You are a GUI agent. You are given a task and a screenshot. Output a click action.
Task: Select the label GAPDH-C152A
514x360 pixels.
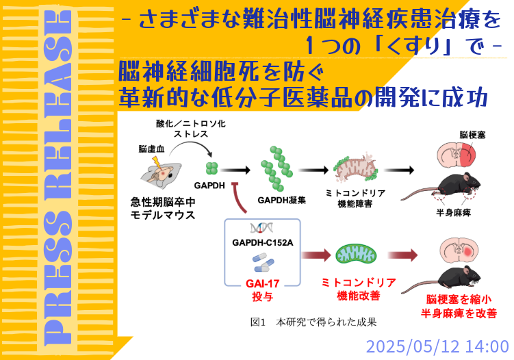point(263,243)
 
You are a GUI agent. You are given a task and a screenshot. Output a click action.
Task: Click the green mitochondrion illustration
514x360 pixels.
point(354,255)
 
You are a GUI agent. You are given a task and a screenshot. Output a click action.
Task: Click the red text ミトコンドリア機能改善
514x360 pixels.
point(354,289)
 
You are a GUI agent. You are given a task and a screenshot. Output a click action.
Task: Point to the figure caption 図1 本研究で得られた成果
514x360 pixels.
point(313,321)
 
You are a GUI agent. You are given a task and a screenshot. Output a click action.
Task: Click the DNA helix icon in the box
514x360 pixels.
point(262,228)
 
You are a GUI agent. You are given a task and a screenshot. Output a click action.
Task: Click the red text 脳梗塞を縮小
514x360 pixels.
point(459,299)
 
